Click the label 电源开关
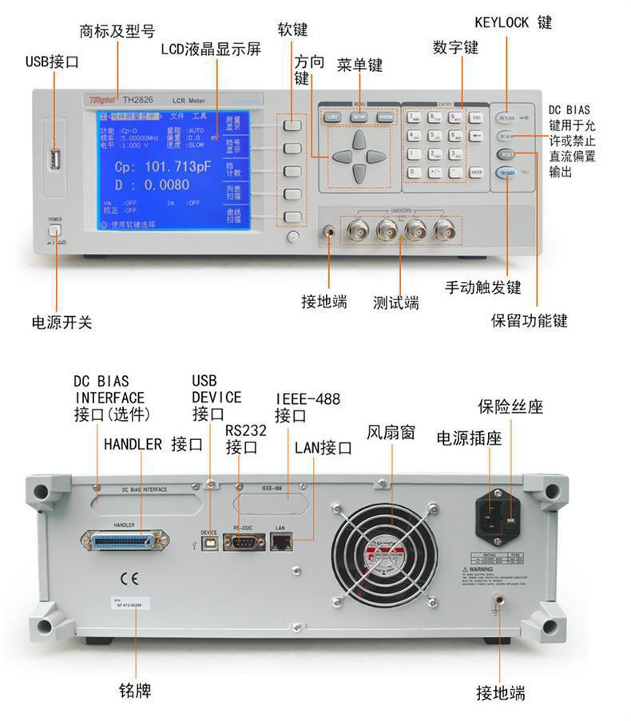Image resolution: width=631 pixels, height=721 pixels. pyautogui.click(x=62, y=323)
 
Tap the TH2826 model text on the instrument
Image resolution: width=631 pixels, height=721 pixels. pyautogui.click(x=138, y=101)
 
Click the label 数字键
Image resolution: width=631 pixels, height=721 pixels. pyautogui.click(x=455, y=48)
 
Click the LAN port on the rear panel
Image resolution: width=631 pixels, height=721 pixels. pyautogui.click(x=281, y=541)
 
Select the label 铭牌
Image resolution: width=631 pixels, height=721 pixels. pyautogui.click(x=135, y=689)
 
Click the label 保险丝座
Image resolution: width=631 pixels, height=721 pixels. pyautogui.click(x=510, y=406)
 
